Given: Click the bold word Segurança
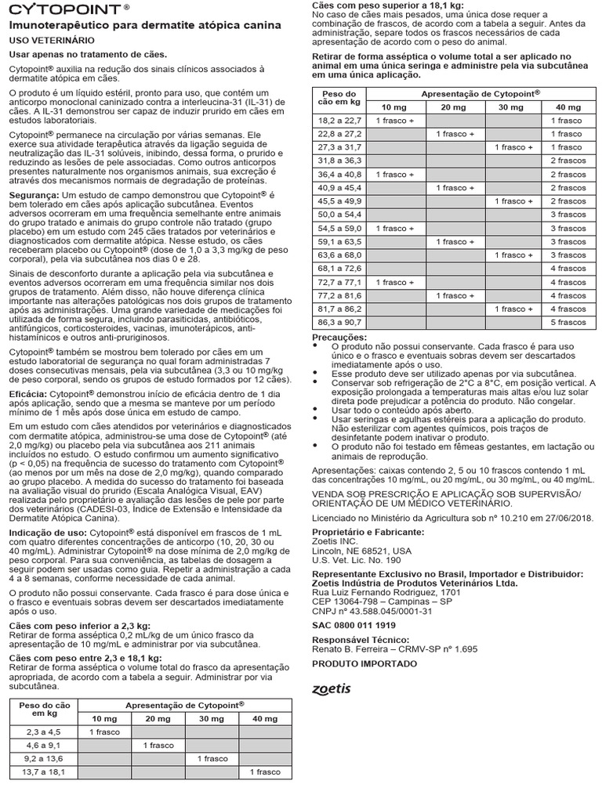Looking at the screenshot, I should click(33, 193).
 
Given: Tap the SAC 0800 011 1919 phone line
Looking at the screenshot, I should click(354, 625).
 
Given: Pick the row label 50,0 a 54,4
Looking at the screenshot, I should click(340, 215).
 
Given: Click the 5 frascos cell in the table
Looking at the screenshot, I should click(567, 322).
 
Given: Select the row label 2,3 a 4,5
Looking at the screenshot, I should click(42, 731).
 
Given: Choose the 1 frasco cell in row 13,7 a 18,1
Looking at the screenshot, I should click(264, 771).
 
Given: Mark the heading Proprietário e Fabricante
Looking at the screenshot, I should click(368, 531).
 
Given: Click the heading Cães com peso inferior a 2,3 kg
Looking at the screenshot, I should click(78, 626).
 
